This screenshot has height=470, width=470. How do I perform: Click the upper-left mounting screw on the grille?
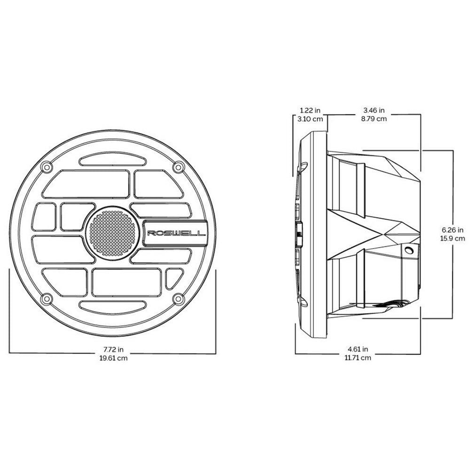click(x=46, y=167)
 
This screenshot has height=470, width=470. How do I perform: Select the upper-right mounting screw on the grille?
click(x=178, y=167)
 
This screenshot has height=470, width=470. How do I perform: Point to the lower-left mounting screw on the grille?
click(x=46, y=298)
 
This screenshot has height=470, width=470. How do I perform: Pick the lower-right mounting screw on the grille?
click(x=178, y=298)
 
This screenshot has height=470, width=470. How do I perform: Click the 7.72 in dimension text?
click(x=113, y=350)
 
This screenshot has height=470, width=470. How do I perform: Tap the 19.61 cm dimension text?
click(x=113, y=358)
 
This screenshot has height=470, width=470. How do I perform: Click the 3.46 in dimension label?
click(x=374, y=110)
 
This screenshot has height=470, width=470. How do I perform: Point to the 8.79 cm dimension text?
click(x=374, y=119)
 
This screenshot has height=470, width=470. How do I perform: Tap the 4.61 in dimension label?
click(x=358, y=350)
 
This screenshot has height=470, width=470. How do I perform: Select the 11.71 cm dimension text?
click(x=358, y=358)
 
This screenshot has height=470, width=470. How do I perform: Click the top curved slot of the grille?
click(x=111, y=161)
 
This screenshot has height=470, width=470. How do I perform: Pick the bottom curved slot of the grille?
click(x=111, y=305)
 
